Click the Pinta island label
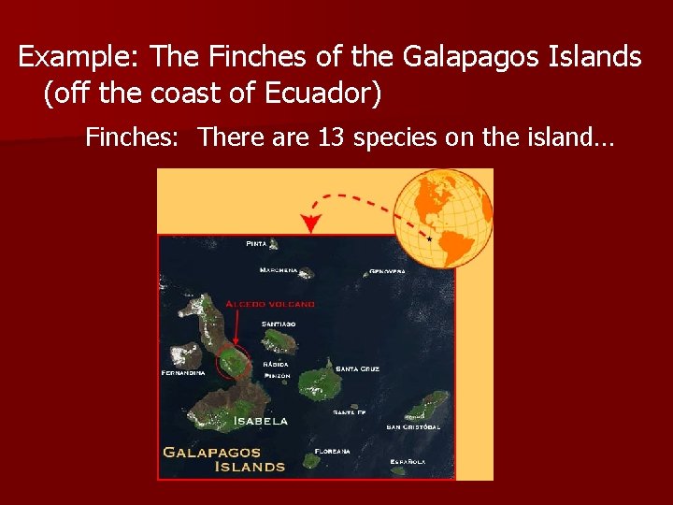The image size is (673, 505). pyautogui.click(x=256, y=244)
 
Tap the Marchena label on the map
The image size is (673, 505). pyautogui.click(x=279, y=270)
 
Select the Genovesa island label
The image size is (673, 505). pyautogui.click(x=387, y=272)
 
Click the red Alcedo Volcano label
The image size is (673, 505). pyautogui.click(x=269, y=304)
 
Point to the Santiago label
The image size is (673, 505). pyautogui.click(x=279, y=325)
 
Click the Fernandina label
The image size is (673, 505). pyautogui.click(x=182, y=372)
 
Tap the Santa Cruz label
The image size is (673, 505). pyautogui.click(x=358, y=368)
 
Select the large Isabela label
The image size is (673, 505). pyautogui.click(x=261, y=422)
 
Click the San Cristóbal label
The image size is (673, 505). pyautogui.click(x=413, y=426)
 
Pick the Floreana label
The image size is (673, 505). pyautogui.click(x=334, y=451)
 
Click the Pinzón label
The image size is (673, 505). pyautogui.click(x=277, y=376)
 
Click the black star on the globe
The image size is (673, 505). pyautogui.click(x=429, y=239)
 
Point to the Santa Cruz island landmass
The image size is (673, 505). pyautogui.click(x=321, y=382)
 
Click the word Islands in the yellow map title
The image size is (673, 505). pyautogui.click(x=250, y=466)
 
